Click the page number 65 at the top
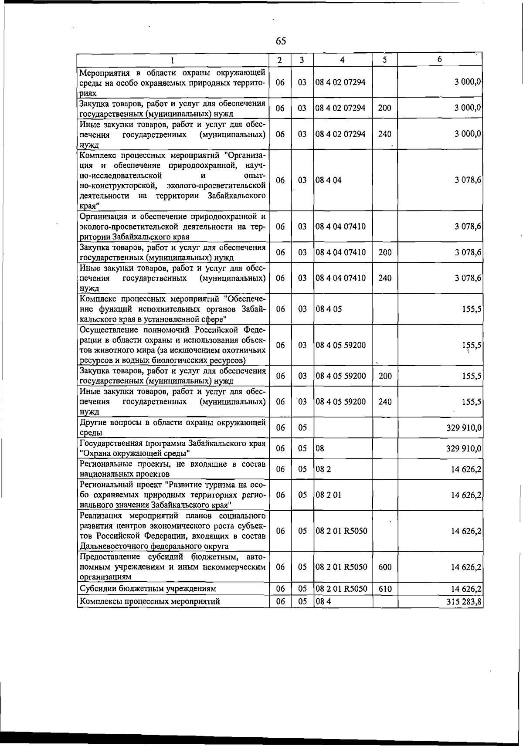click(281, 41)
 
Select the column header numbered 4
click(343, 60)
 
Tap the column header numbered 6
click(440, 60)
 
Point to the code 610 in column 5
click(385, 589)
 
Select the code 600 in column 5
click(385, 567)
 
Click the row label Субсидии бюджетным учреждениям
click(148, 589)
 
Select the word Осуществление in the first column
click(107, 329)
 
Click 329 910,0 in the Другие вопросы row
click(464, 427)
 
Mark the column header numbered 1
click(173, 60)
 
